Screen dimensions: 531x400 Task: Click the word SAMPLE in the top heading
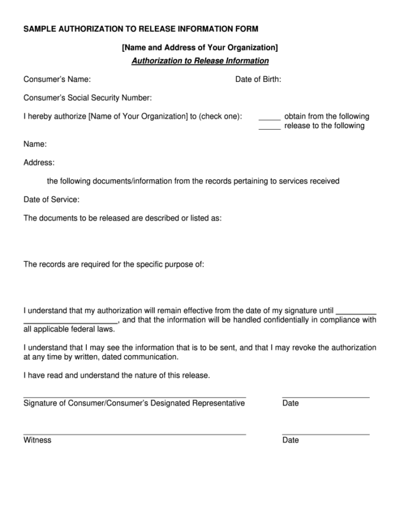[x=40, y=28]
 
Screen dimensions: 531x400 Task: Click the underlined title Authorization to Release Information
[x=200, y=61]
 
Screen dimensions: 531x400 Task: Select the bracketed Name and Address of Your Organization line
[x=200, y=47]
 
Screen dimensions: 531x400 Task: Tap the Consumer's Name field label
[x=57, y=79]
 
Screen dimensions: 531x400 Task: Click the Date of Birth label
[x=258, y=79]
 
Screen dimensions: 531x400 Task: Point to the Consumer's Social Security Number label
[x=87, y=97]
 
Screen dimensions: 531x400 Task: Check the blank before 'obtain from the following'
[x=269, y=117]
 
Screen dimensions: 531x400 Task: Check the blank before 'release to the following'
[x=269, y=126]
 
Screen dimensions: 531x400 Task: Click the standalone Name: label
[x=35, y=144]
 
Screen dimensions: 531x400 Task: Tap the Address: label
[x=39, y=162]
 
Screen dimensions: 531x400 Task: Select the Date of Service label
[x=51, y=199]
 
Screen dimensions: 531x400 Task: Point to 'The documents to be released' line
[x=122, y=218]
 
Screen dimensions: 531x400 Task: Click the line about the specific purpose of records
[x=113, y=264]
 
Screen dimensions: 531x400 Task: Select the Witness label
[x=37, y=440]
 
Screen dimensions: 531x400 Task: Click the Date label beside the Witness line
[x=290, y=440]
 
